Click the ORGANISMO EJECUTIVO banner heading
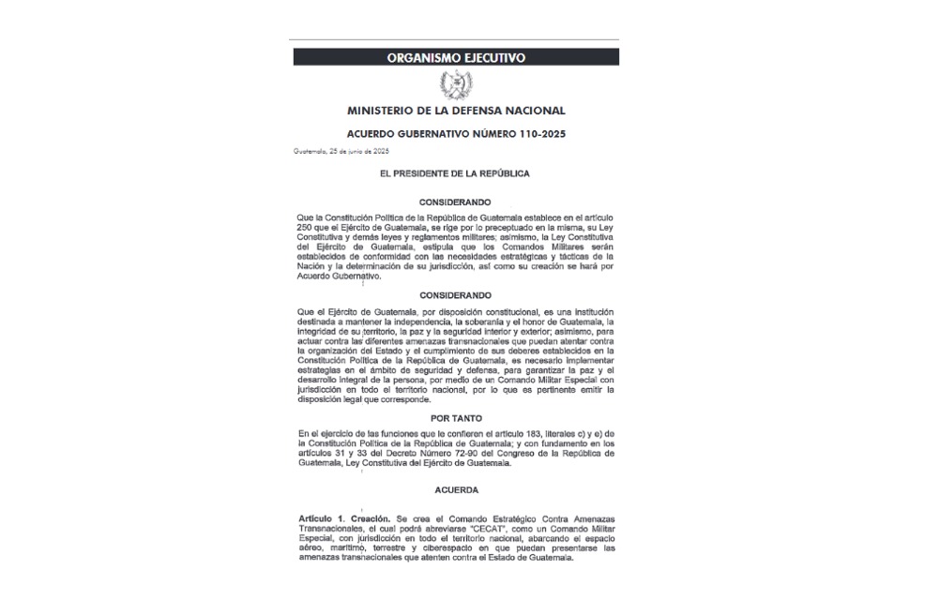(x=456, y=57)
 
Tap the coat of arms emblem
(x=456, y=85)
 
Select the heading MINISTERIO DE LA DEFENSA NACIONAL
(x=456, y=112)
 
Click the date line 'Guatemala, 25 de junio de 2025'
(x=341, y=151)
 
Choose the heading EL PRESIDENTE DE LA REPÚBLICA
(x=456, y=173)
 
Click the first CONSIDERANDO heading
(x=456, y=201)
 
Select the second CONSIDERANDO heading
(x=456, y=294)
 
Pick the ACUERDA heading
(x=456, y=489)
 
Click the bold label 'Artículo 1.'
(x=320, y=517)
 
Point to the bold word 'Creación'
(x=369, y=517)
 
